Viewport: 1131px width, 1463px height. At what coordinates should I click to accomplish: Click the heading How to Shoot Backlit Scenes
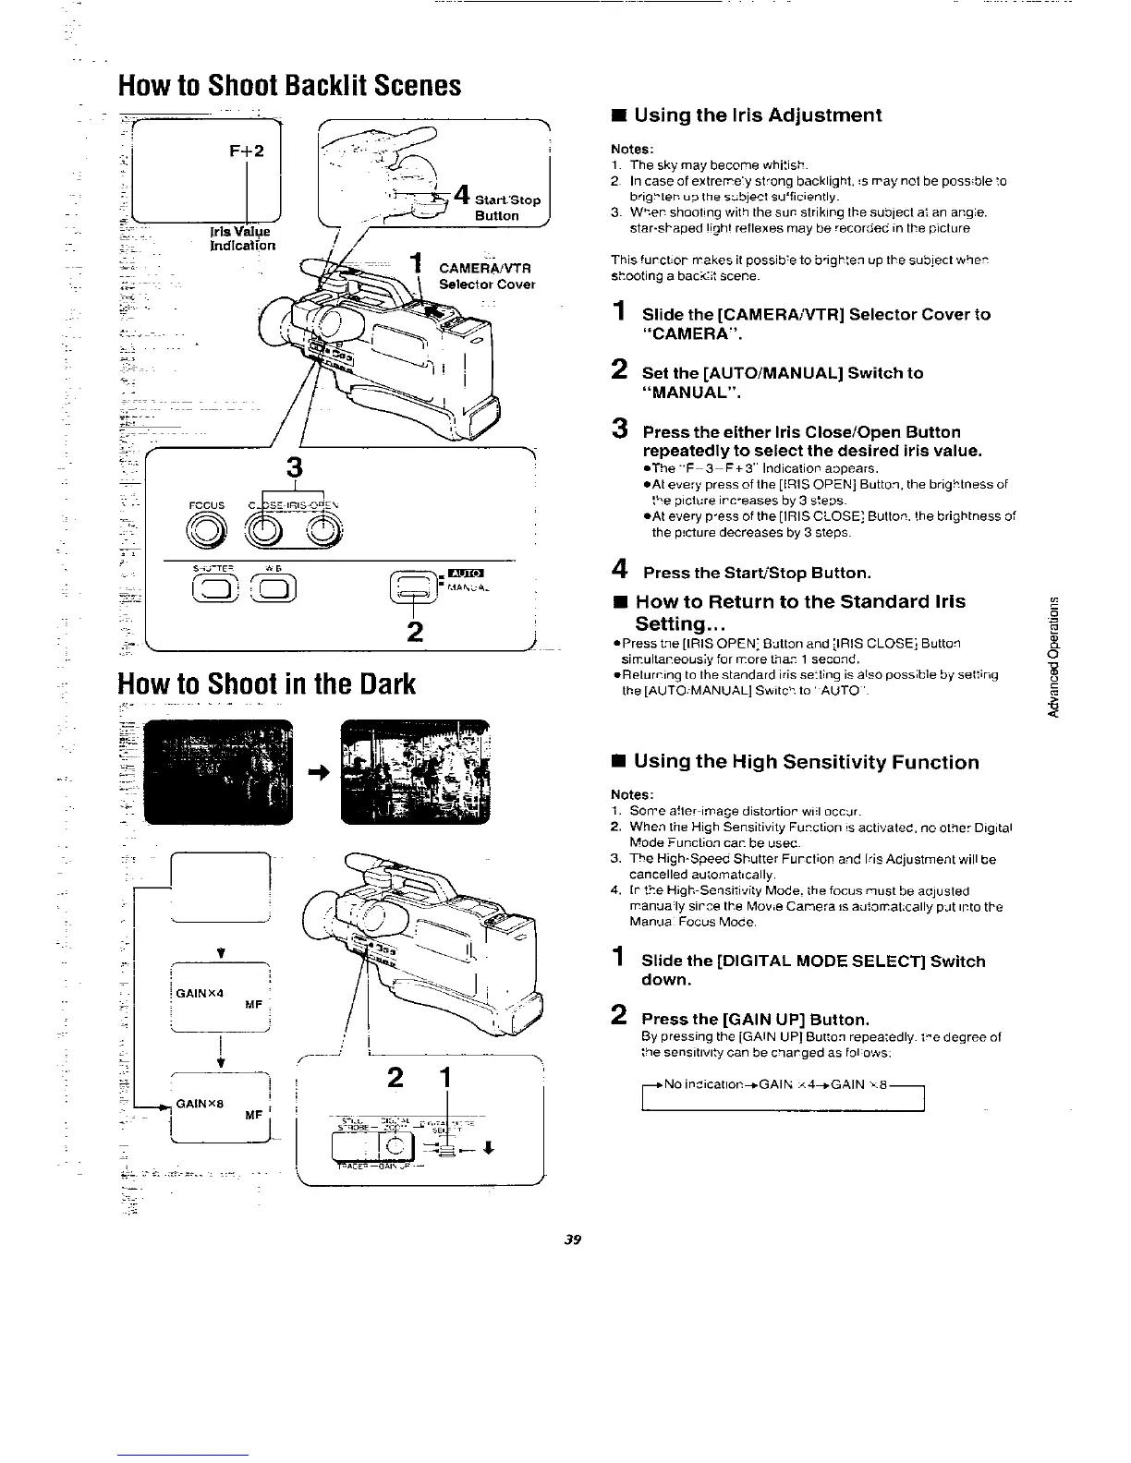pos(289,86)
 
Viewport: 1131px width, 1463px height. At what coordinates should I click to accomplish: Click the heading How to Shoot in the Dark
pos(267,683)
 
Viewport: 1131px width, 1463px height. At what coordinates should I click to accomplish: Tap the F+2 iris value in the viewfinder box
pos(247,151)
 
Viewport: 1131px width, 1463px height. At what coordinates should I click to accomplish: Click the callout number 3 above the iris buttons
pos(296,465)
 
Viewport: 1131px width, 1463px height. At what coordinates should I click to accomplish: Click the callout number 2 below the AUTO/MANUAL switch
pos(415,631)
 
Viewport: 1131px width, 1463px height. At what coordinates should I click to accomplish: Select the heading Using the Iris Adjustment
pos(758,115)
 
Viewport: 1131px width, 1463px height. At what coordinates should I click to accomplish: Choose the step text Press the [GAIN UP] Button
pos(755,1020)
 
